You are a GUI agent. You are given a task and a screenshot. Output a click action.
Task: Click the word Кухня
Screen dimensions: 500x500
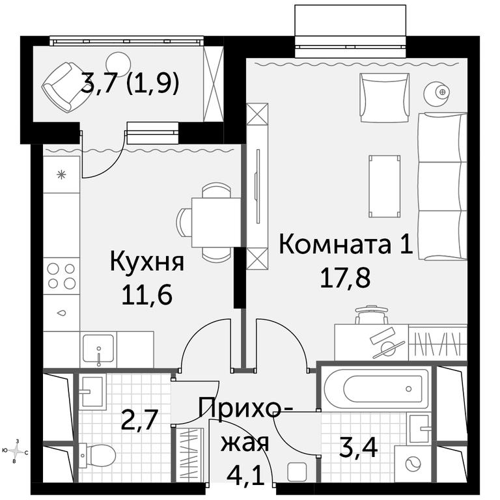coord(146,262)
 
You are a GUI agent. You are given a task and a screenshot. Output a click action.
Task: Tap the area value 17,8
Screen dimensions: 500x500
coord(345,277)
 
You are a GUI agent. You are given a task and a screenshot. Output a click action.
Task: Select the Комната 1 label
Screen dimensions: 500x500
coord(346,245)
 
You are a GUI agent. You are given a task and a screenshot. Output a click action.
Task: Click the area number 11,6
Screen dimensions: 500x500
coord(146,294)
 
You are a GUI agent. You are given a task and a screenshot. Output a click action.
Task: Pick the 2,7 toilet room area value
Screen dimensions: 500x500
coord(139,419)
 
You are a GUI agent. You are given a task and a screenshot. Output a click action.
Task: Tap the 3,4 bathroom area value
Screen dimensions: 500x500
coord(359,447)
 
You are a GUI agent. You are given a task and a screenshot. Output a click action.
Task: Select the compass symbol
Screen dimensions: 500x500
coord(16,451)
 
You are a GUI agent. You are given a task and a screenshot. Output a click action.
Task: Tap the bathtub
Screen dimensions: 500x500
coord(376,389)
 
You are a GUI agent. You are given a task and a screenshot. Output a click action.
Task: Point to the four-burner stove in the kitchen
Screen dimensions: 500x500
coord(61,276)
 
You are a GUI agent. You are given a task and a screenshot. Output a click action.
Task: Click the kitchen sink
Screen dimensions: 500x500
coord(98,349)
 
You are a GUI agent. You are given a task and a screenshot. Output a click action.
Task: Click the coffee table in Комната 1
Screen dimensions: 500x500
coord(385,186)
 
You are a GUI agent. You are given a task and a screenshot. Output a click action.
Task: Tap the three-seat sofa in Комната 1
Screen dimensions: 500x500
coord(443,186)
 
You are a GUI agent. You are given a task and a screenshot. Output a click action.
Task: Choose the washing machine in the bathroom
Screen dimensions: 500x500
coord(413,464)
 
